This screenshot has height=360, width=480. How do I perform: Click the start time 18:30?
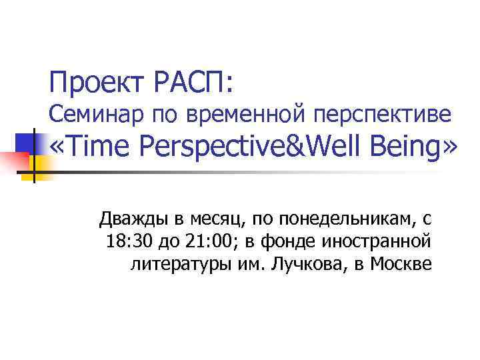[127, 241]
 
